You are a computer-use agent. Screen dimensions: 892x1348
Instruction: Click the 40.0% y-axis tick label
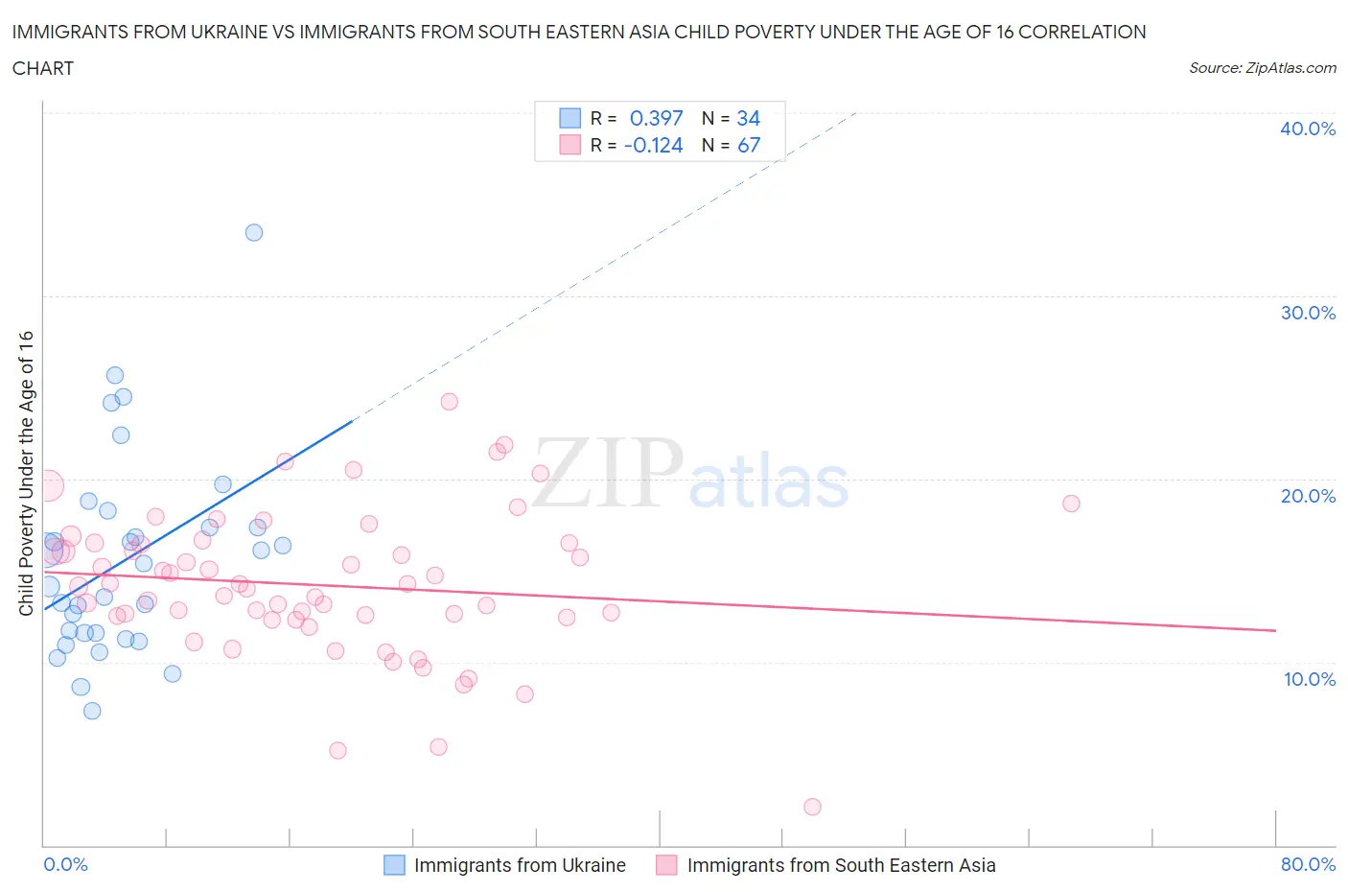point(1307,129)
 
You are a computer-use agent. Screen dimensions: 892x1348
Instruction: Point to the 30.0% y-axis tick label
point(1307,313)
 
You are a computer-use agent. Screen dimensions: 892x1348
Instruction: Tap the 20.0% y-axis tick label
point(1307,496)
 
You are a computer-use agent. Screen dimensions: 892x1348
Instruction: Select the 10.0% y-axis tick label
point(1309,679)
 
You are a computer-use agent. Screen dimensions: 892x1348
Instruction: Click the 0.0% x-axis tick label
point(66,864)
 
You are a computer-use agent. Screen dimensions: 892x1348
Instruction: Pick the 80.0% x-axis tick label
point(1308,864)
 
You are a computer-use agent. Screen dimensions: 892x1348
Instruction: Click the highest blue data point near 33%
point(254,232)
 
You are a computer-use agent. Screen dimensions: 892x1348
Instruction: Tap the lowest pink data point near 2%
point(812,807)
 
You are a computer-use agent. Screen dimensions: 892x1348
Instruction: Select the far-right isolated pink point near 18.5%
point(1071,504)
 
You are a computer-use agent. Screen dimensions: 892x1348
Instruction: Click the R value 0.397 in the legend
point(656,118)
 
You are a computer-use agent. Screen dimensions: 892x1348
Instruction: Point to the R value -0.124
point(653,145)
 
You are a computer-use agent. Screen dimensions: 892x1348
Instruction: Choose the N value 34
point(748,118)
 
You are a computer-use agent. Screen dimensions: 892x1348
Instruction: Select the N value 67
point(748,145)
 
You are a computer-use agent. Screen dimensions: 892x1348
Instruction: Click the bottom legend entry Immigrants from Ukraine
point(519,865)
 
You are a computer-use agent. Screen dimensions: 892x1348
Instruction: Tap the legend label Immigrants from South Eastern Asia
point(841,865)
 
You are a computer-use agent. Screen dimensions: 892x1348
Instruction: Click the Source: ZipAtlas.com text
point(1262,67)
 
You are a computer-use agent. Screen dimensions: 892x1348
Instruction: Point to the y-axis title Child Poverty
point(26,473)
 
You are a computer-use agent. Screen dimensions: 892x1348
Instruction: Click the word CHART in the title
point(43,68)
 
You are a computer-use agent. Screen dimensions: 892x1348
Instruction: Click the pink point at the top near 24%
point(449,402)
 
